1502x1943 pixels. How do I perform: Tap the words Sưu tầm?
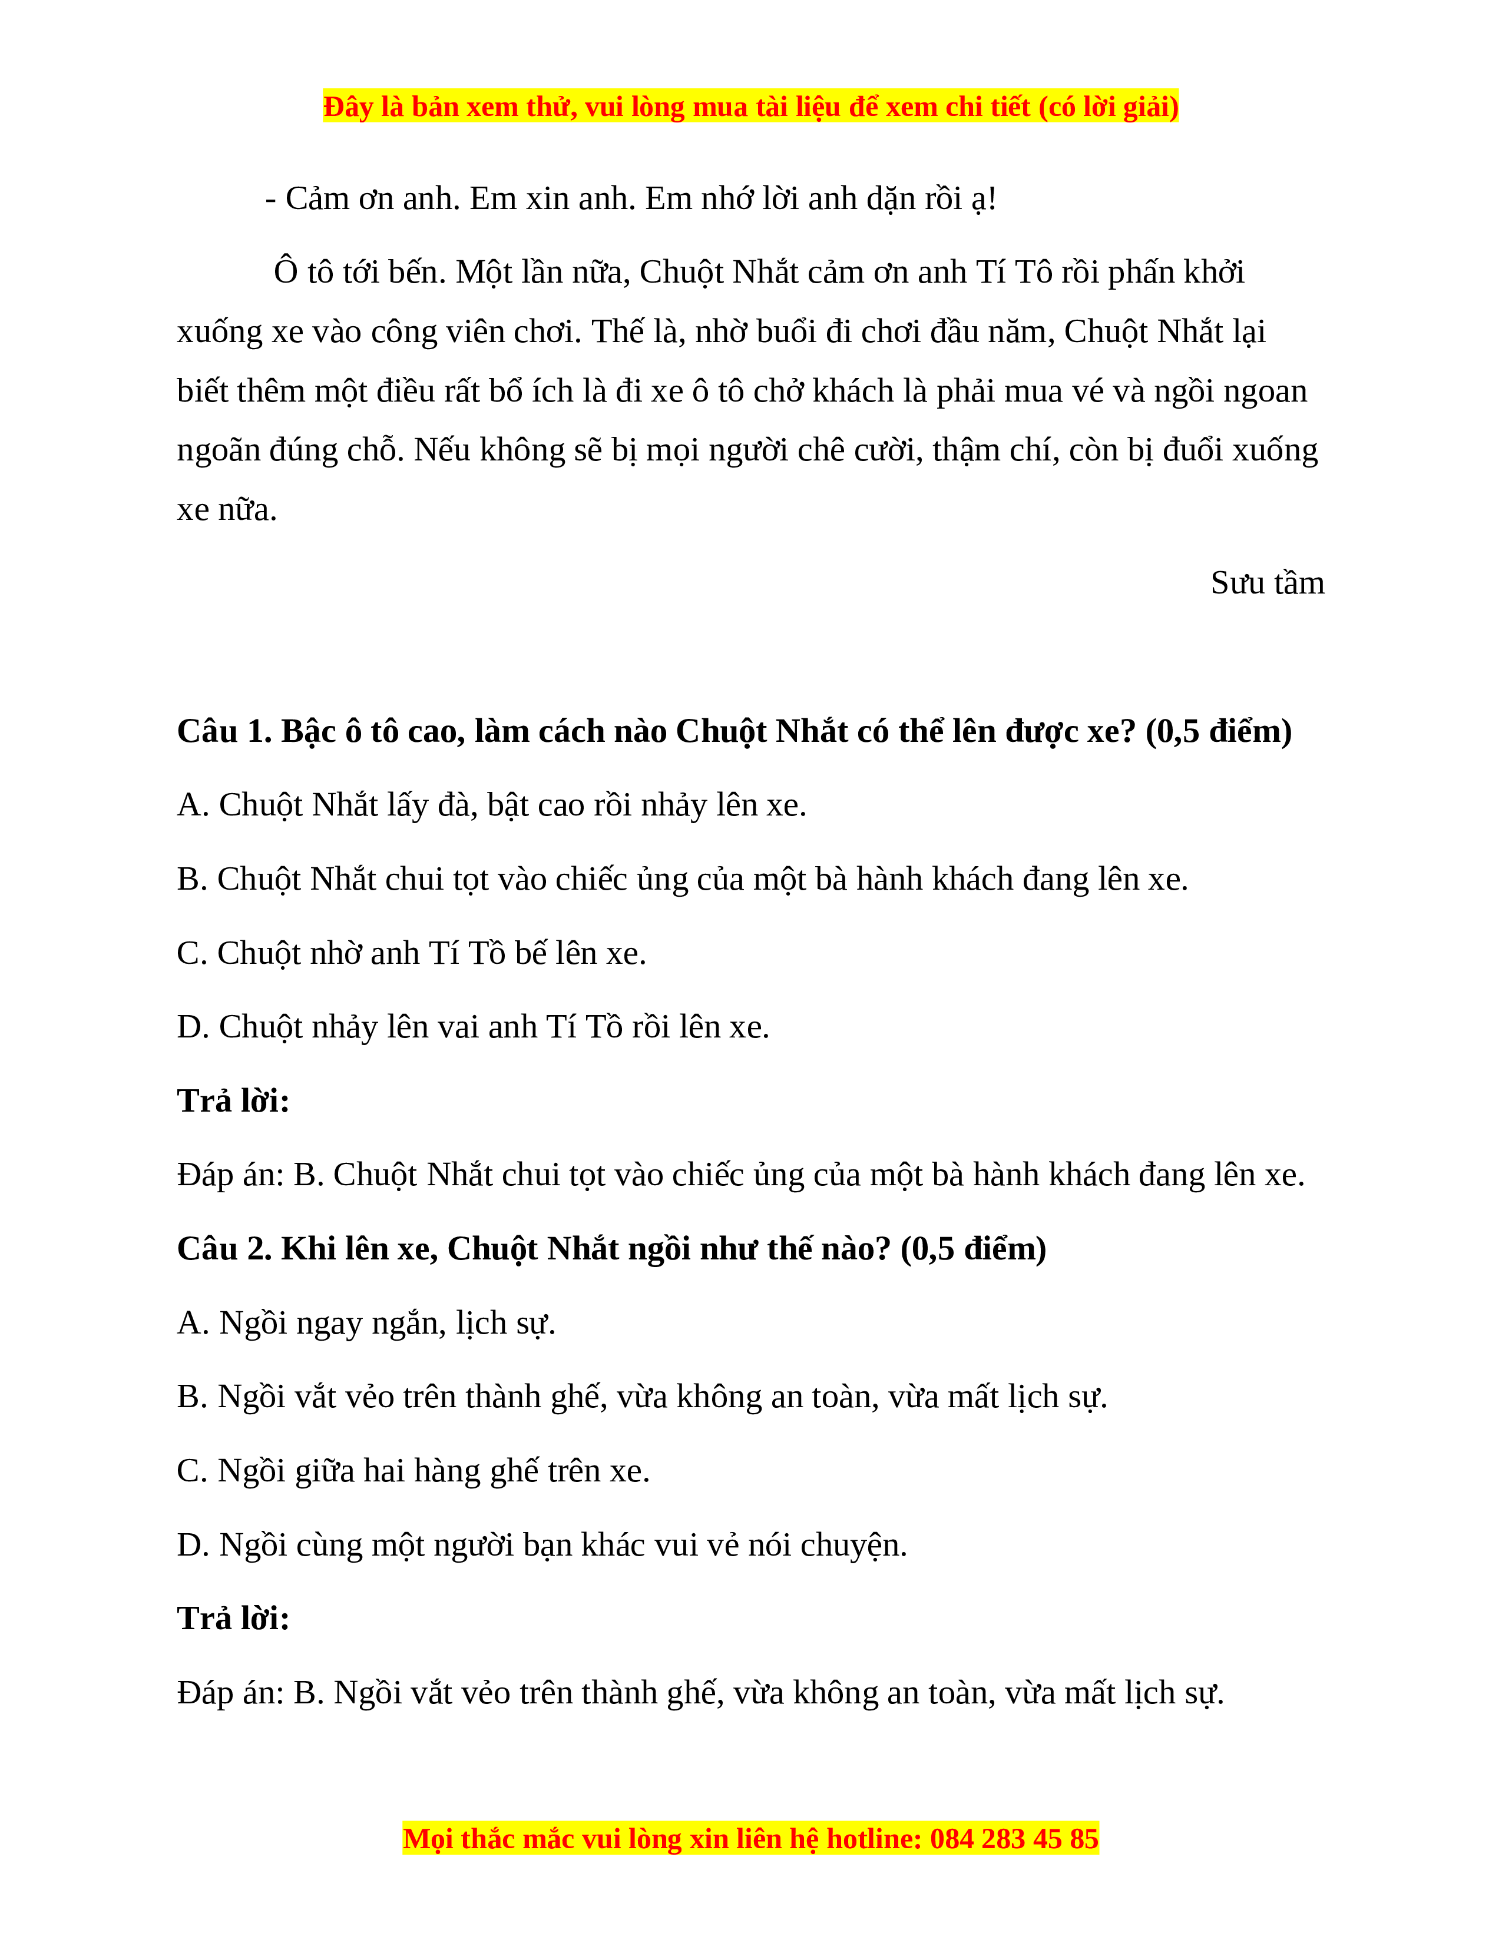coord(1267,583)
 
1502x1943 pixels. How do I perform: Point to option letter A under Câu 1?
coord(191,805)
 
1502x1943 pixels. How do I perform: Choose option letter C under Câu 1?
coord(191,954)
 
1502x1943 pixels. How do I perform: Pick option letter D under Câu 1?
coord(191,1027)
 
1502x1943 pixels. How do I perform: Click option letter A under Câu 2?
coord(191,1324)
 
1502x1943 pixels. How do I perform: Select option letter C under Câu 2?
coord(191,1471)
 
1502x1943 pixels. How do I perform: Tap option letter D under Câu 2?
coord(191,1546)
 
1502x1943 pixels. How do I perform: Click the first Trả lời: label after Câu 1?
coord(233,1102)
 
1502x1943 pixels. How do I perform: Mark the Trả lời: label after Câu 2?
coord(233,1619)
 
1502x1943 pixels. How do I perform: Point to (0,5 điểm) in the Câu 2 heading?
coord(974,1249)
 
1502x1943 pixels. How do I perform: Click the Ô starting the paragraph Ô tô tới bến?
coord(286,271)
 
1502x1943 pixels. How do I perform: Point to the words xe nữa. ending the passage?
coord(227,510)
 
